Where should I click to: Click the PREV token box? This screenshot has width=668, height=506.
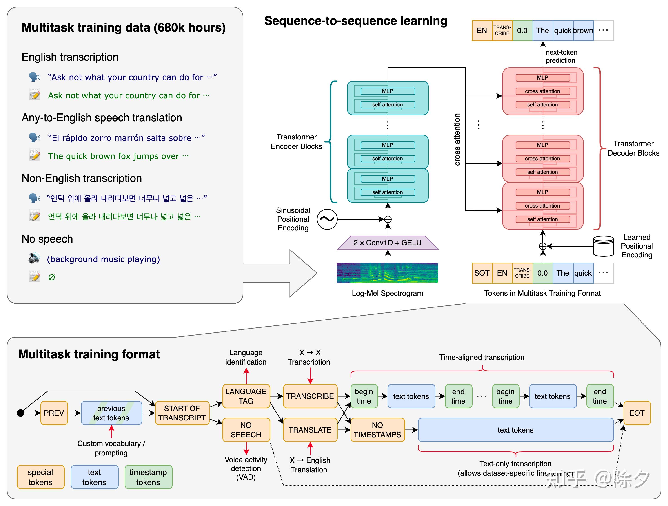pyautogui.click(x=54, y=413)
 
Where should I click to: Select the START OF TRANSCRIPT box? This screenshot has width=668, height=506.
pyautogui.click(x=182, y=413)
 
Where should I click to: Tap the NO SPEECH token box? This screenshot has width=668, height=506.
pyautogui.click(x=246, y=430)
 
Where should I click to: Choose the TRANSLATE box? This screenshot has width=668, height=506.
pyautogui.click(x=310, y=430)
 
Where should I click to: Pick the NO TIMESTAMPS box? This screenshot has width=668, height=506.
pyautogui.click(x=377, y=430)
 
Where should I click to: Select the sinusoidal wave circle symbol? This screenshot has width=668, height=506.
pyautogui.click(x=327, y=219)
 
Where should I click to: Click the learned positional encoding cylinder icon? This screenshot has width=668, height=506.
pyautogui.click(x=603, y=246)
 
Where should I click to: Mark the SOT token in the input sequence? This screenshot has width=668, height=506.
pyautogui.click(x=482, y=273)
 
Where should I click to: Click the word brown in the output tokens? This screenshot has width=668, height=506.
pyautogui.click(x=583, y=31)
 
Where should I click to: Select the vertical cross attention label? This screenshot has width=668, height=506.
pyautogui.click(x=457, y=139)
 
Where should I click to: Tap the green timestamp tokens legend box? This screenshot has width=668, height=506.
pyautogui.click(x=148, y=477)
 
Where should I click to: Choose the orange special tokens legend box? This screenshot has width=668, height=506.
pyautogui.click(x=40, y=477)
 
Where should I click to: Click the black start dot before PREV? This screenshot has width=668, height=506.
pyautogui.click(x=20, y=413)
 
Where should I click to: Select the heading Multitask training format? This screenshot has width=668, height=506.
pyautogui.click(x=89, y=354)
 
